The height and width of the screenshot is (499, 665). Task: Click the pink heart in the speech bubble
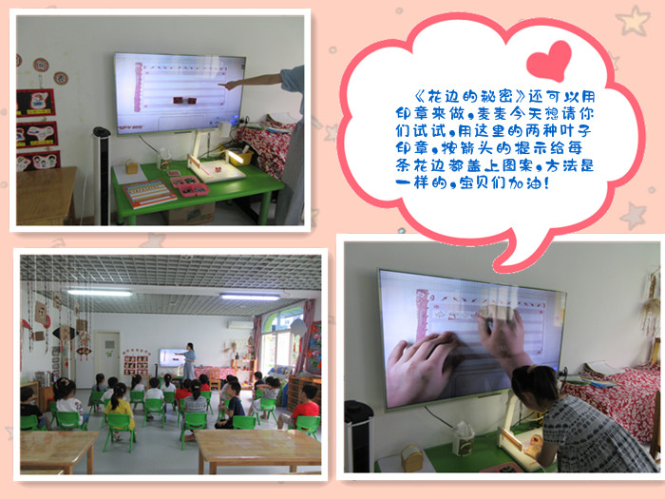[x=549, y=60]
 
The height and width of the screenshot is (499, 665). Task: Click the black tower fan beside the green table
[x=102, y=175]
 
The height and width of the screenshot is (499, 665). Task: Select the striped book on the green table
[x=149, y=193]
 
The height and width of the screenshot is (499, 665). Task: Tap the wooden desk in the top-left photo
[x=45, y=195]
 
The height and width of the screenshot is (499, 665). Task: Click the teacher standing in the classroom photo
[x=189, y=361]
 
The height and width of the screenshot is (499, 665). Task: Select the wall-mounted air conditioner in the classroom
[x=239, y=325]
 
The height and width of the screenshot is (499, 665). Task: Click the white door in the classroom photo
[x=106, y=355]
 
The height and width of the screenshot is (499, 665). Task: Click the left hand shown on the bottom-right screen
[x=420, y=369]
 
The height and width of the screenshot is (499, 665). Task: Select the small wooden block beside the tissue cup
[x=411, y=458]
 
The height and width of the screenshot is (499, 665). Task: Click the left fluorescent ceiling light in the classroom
[x=100, y=293]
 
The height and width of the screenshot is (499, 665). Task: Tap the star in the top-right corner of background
[x=634, y=20]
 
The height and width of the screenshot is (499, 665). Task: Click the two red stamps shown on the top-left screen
[x=184, y=101]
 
